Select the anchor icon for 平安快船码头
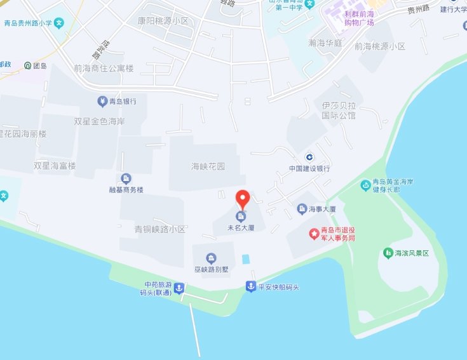(x=251, y=288)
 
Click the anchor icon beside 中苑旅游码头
(x=179, y=288)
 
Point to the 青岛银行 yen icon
(x=102, y=101)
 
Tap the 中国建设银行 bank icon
(x=308, y=157)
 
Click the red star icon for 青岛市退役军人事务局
(x=314, y=234)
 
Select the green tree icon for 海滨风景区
(x=388, y=253)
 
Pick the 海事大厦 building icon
(x=302, y=208)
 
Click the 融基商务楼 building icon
(x=126, y=178)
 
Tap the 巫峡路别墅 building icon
(x=211, y=258)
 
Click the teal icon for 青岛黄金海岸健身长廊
(x=365, y=185)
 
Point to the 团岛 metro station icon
(x=27, y=65)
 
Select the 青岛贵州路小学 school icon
(x=58, y=23)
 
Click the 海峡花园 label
(x=208, y=166)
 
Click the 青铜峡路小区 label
(x=159, y=229)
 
